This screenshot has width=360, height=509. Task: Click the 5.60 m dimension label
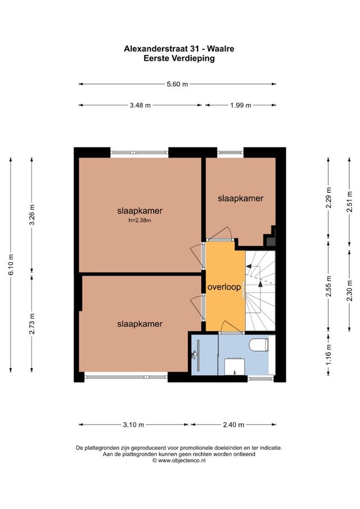pyautogui.click(x=177, y=84)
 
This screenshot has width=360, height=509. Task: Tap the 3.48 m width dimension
pyautogui.click(x=140, y=105)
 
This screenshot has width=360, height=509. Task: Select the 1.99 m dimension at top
pyautogui.click(x=240, y=105)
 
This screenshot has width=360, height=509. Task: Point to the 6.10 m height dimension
pyautogui.click(x=11, y=265)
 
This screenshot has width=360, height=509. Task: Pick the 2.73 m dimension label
pyautogui.click(x=32, y=323)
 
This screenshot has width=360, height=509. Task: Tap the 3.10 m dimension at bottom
pyautogui.click(x=133, y=425)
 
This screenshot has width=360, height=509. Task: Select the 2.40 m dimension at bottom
pyautogui.click(x=232, y=425)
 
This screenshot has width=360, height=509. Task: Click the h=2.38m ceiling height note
pyautogui.click(x=139, y=221)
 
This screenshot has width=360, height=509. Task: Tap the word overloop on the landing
pyautogui.click(x=224, y=287)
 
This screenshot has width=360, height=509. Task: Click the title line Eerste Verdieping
pyautogui.click(x=179, y=58)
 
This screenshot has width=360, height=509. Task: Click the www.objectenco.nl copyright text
pyautogui.click(x=179, y=460)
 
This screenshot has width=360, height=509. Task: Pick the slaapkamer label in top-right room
pyautogui.click(x=240, y=199)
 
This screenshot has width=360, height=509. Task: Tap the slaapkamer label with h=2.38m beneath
pyautogui.click(x=139, y=211)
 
